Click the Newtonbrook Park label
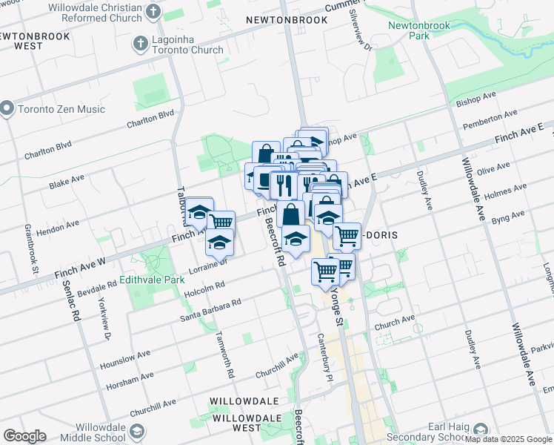pyautogui.click(x=408, y=30)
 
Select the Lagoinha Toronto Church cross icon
pyautogui.click(x=140, y=44)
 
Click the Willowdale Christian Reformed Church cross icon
pyautogui.click(x=153, y=11)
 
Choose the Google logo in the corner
pyautogui.click(x=24, y=436)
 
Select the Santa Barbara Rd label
pyautogui.click(x=211, y=311)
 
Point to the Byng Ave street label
pyautogui.click(x=507, y=217)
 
